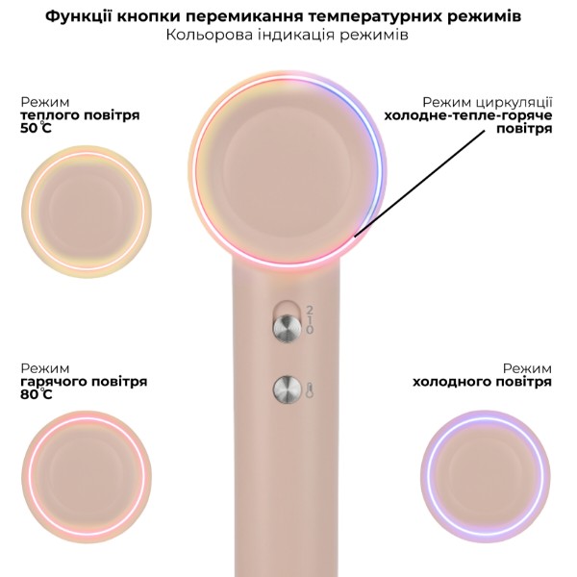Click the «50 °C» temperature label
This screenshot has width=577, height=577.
click(x=36, y=128)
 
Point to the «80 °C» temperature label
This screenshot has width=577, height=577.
click(x=37, y=394)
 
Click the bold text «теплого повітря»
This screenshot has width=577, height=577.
click(x=80, y=114)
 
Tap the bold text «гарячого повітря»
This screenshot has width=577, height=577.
click(x=84, y=381)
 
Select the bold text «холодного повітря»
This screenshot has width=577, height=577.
click(x=482, y=382)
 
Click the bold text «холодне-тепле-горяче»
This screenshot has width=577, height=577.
click(x=468, y=115)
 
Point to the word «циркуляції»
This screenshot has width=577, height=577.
click(x=514, y=103)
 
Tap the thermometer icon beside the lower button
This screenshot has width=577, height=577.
click(x=309, y=390)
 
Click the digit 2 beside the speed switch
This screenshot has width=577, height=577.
click(x=310, y=310)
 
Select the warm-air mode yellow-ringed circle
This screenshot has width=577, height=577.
click(x=87, y=212)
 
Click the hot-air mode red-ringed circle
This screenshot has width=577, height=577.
click(x=87, y=476)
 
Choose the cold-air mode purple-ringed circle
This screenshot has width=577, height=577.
click(x=486, y=476)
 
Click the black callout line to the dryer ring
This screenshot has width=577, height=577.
click(x=420, y=183)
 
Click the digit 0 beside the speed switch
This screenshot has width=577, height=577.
click(x=310, y=329)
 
